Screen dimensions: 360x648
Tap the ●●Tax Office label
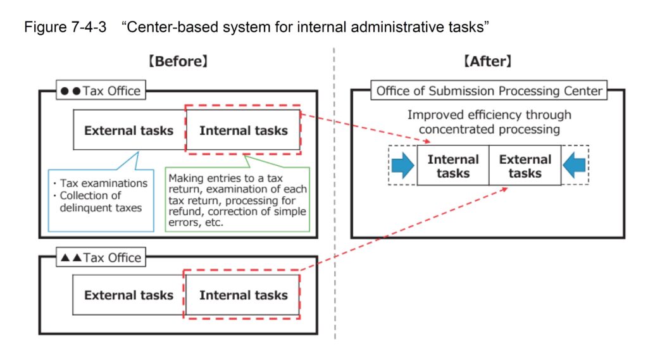(101, 90)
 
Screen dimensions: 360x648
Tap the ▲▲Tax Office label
(101, 258)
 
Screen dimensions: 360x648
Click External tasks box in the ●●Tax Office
(128, 131)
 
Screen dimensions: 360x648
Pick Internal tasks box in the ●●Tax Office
(243, 131)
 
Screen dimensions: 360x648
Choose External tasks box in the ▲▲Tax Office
(128, 295)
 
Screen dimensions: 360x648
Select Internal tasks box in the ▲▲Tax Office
(243, 295)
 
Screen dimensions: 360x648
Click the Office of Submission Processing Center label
(489, 90)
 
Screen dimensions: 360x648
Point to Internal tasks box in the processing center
(453, 166)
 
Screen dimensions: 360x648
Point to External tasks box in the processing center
(525, 166)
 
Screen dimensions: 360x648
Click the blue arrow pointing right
(403, 166)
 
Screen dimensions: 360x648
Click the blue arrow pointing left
(575, 166)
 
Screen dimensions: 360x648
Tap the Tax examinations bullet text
(104, 183)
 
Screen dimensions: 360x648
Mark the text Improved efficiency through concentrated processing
(489, 122)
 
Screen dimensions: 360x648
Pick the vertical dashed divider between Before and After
(335, 190)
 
